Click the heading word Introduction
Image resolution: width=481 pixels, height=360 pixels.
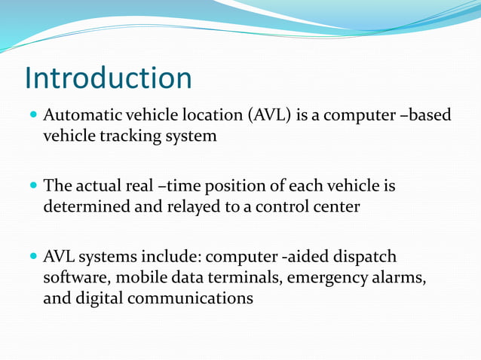(x=109, y=78)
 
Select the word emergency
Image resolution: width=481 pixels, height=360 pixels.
(x=329, y=277)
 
